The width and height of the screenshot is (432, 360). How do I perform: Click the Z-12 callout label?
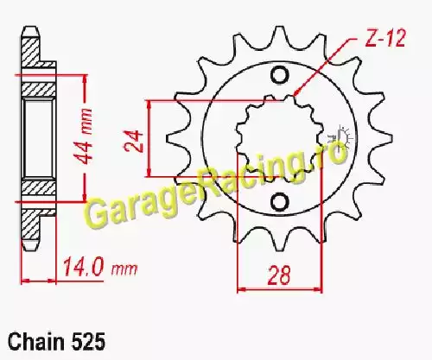[385, 38]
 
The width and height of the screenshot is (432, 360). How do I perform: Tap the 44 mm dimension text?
[86, 136]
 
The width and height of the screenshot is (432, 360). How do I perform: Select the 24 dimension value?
[134, 141]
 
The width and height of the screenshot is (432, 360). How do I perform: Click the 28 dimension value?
[279, 275]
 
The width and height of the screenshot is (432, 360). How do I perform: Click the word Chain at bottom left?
[36, 342]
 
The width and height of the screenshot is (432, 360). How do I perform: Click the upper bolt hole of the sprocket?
[279, 76]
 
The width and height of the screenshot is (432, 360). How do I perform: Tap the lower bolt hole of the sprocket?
[279, 202]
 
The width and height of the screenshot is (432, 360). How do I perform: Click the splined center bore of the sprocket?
[279, 138]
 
